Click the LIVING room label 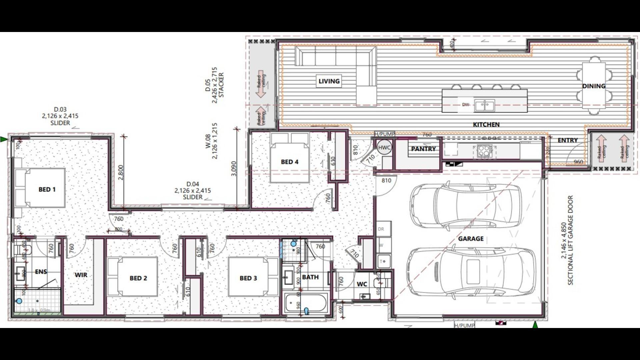[x=329, y=81]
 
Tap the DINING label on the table [x=594, y=86]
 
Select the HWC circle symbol [x=384, y=147]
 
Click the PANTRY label [x=423, y=149]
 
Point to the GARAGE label [x=470, y=239]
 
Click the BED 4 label [x=289, y=162]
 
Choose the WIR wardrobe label [x=81, y=275]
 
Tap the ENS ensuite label [x=41, y=272]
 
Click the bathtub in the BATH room [x=306, y=303]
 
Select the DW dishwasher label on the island [x=465, y=105]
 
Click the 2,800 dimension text [x=121, y=172]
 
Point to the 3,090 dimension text [x=234, y=169]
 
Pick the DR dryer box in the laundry [x=381, y=229]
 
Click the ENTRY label [x=567, y=140]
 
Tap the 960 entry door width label [x=578, y=162]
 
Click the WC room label [x=362, y=284]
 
